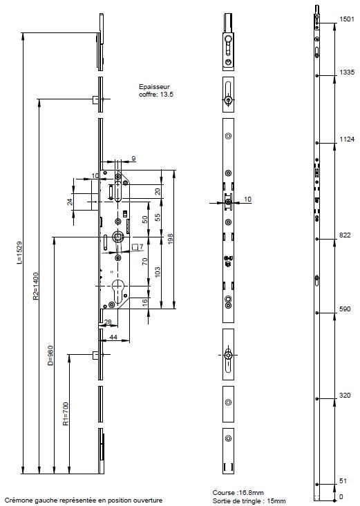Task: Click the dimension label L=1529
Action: pyautogui.click(x=20, y=253)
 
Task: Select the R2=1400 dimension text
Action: pyautogui.click(x=35, y=286)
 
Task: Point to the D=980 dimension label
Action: pyautogui.click(x=50, y=356)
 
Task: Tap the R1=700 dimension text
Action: pyautogui.click(x=66, y=413)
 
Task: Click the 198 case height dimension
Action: pyautogui.click(x=170, y=239)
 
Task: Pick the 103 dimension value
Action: pyautogui.click(x=158, y=272)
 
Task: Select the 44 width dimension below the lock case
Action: pyautogui.click(x=113, y=338)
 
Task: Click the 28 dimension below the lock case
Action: pyautogui.click(x=108, y=322)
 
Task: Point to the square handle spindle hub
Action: pyautogui.click(x=117, y=237)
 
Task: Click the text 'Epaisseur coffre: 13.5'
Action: pyautogui.click(x=155, y=90)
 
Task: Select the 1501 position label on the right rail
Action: pyautogui.click(x=347, y=19)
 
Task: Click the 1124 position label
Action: pyautogui.click(x=347, y=139)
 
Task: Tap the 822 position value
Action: pyautogui.click(x=345, y=235)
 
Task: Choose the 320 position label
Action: pyautogui.click(x=345, y=395)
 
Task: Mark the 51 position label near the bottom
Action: pyautogui.click(x=343, y=481)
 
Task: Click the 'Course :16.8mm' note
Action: pyautogui.click(x=238, y=493)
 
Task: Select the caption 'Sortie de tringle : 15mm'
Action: pyautogui.click(x=249, y=501)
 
